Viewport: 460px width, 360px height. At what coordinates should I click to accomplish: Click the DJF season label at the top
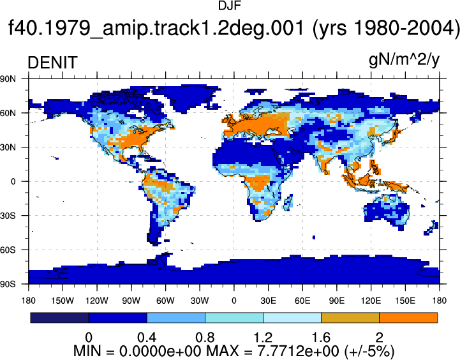coord(230,6)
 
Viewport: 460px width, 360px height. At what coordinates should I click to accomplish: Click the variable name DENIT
coord(52,63)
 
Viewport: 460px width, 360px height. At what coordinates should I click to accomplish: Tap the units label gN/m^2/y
coord(404,61)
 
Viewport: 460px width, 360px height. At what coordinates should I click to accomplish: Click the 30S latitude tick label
coord(8,216)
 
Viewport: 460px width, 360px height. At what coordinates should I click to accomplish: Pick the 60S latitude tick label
coord(8,250)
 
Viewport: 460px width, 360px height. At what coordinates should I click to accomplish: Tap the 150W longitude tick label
coord(63,301)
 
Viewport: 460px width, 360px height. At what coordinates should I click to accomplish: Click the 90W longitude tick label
coord(131,301)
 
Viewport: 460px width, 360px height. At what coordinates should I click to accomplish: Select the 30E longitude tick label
coord(268,301)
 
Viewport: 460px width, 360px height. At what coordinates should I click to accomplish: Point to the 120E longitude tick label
coord(371,301)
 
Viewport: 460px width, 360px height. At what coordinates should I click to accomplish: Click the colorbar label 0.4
coord(147,338)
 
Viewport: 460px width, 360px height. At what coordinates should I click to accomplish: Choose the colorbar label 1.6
coord(321,338)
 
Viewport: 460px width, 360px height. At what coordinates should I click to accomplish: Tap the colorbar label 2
coord(380,338)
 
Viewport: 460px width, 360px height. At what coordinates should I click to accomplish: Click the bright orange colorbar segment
coord(408,318)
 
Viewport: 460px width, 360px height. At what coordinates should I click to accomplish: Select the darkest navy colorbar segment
coord(59,318)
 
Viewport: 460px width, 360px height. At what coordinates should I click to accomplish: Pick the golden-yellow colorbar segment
coord(350,318)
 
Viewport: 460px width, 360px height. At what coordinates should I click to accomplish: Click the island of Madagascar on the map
coord(288,202)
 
